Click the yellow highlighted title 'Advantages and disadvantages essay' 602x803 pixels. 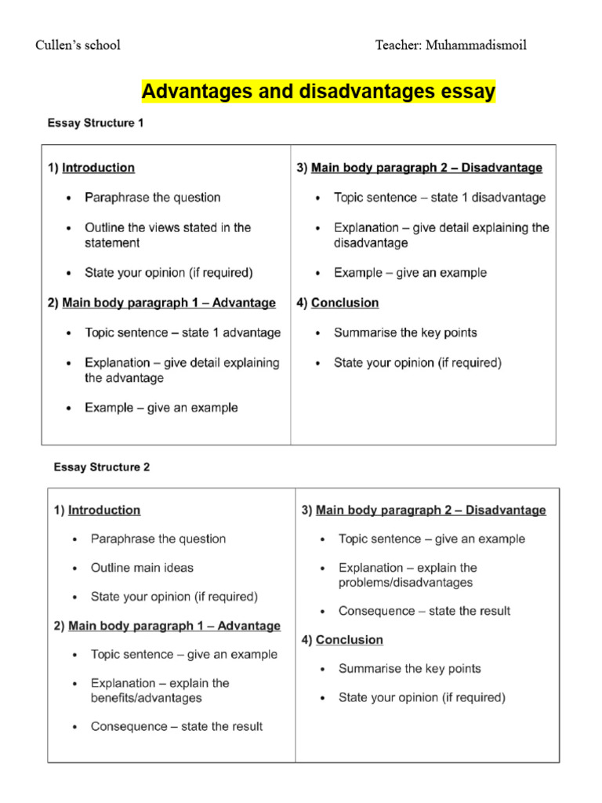pyautogui.click(x=318, y=92)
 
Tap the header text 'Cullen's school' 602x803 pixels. pyautogui.click(x=78, y=45)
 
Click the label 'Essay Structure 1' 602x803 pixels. pyautogui.click(x=95, y=123)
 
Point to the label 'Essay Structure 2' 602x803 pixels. pyautogui.click(x=101, y=467)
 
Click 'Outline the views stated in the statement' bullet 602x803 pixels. pyautogui.click(x=168, y=235)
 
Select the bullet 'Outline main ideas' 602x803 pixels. pyautogui.click(x=142, y=568)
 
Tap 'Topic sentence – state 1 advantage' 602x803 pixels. pyautogui.click(x=183, y=332)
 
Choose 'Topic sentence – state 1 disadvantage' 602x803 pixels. pyautogui.click(x=440, y=198)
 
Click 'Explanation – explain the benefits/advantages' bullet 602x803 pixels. pyautogui.click(x=160, y=690)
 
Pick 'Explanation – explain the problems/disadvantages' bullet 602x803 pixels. pyautogui.click(x=408, y=575)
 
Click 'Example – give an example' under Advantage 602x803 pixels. pyautogui.click(x=161, y=408)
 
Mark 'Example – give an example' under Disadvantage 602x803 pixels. pyautogui.click(x=410, y=273)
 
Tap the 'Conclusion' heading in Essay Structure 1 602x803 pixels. pyautogui.click(x=345, y=303)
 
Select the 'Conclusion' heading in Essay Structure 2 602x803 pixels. pyautogui.click(x=350, y=640)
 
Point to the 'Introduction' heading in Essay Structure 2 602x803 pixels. pyautogui.click(x=104, y=510)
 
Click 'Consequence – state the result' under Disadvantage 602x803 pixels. pyautogui.click(x=424, y=611)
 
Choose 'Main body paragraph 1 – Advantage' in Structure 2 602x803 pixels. pyautogui.click(x=174, y=626)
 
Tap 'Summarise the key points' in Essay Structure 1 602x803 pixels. pyautogui.click(x=405, y=332)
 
